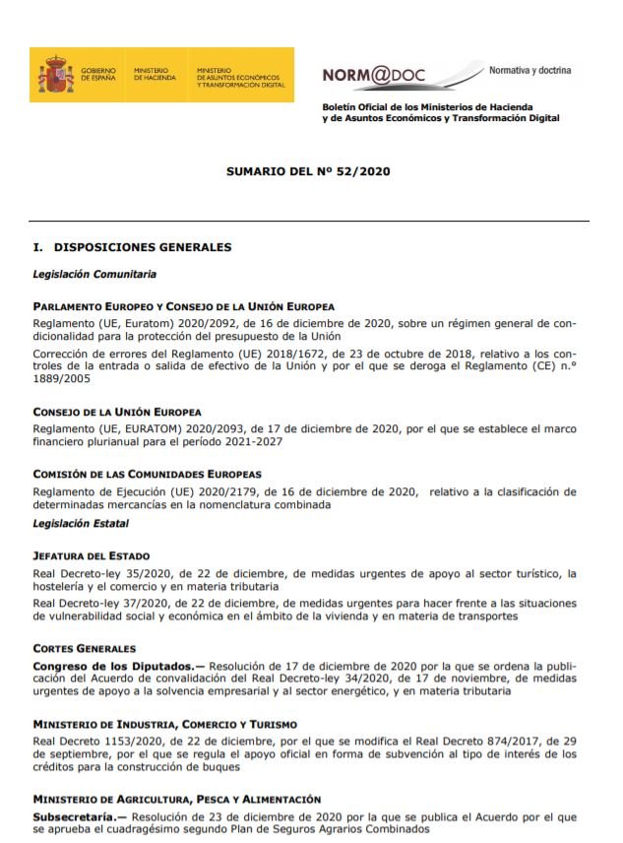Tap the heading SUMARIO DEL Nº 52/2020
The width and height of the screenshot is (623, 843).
(x=309, y=170)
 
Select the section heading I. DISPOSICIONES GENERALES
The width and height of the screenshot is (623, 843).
(x=132, y=247)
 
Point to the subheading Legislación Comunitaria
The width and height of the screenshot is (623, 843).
(x=94, y=274)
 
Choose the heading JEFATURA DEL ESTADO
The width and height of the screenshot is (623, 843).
(x=92, y=556)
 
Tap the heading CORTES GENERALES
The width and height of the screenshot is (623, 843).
(x=84, y=649)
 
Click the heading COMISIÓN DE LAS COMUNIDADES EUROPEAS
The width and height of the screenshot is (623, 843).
(x=148, y=475)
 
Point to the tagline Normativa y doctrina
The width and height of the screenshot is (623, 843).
(x=530, y=71)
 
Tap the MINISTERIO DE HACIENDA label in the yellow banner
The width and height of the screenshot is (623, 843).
(x=154, y=75)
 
